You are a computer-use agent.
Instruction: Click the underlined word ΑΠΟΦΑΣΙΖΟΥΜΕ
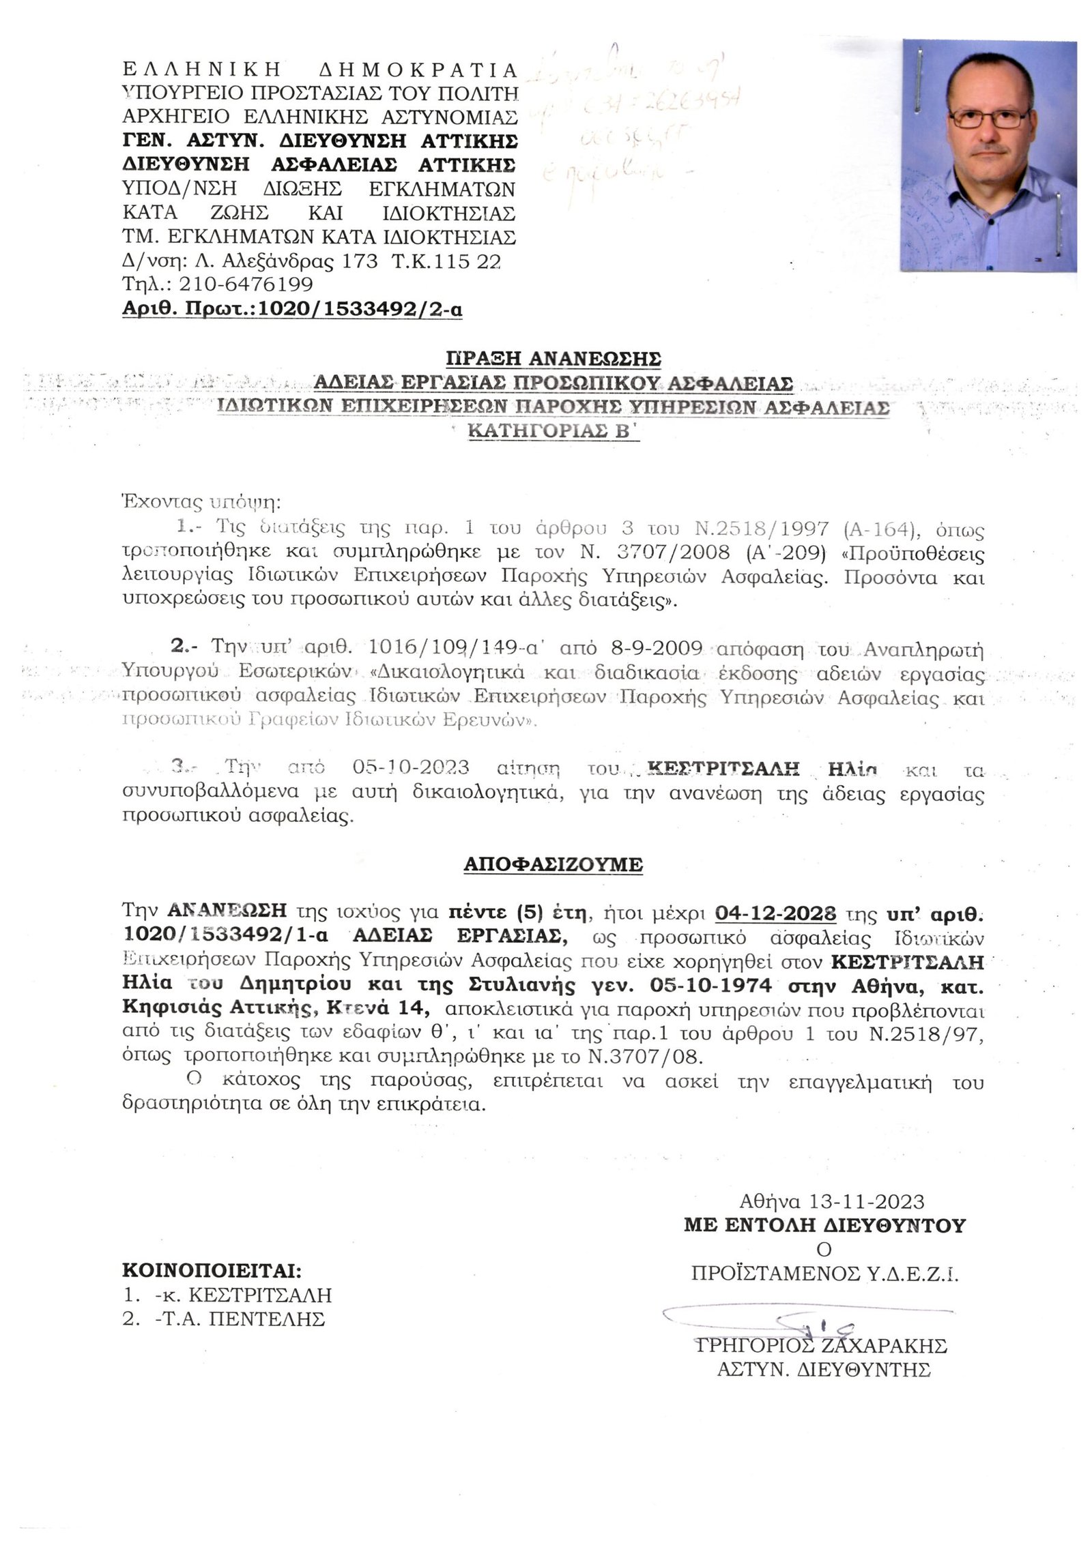coord(553,864)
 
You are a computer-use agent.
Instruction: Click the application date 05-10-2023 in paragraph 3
coord(411,767)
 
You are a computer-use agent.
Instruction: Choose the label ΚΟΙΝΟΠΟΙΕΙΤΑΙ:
coord(212,1272)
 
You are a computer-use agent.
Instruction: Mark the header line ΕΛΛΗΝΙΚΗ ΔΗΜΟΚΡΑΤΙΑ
coord(320,70)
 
